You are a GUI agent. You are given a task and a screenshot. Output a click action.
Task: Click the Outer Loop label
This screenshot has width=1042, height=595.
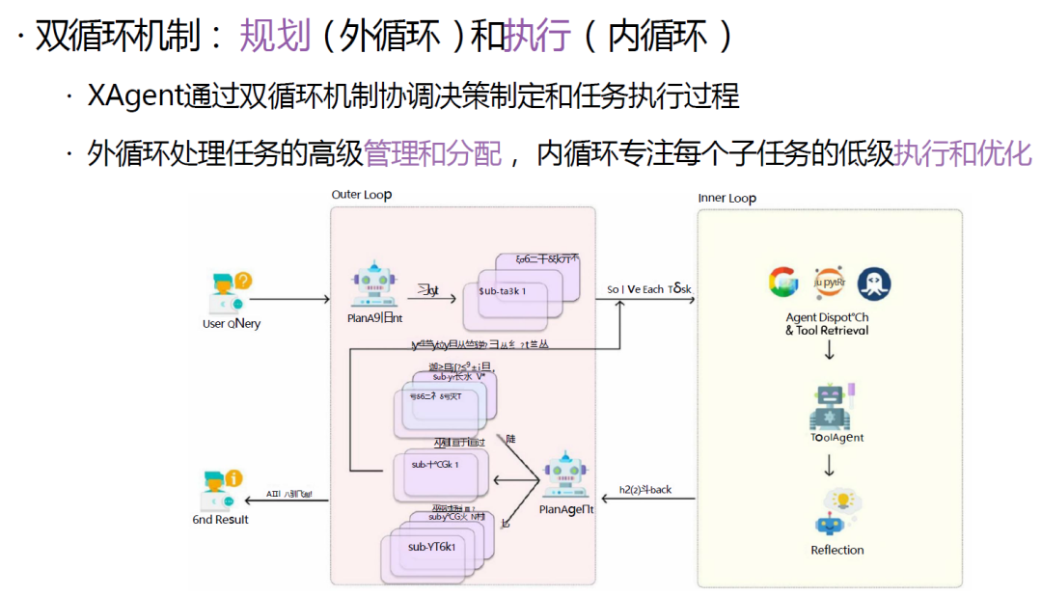tap(362, 195)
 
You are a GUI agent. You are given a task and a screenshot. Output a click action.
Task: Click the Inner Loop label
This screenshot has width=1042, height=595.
tap(727, 198)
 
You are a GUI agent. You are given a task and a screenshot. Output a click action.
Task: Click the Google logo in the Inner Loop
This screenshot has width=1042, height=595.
tap(784, 282)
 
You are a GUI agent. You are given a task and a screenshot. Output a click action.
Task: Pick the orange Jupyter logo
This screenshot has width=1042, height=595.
tap(830, 282)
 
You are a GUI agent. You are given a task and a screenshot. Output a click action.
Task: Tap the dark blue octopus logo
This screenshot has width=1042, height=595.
tap(874, 283)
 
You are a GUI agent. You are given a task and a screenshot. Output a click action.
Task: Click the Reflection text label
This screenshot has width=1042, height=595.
tap(836, 550)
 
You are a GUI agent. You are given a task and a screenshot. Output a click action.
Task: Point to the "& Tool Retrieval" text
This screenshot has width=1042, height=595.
tap(826, 331)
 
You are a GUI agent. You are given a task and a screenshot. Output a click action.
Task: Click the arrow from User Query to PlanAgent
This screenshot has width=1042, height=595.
tap(289, 299)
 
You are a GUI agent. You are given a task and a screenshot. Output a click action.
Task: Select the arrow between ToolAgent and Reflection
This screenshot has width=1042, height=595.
tap(829, 465)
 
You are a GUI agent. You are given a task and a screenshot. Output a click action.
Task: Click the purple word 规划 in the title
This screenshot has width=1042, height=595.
tap(274, 37)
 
